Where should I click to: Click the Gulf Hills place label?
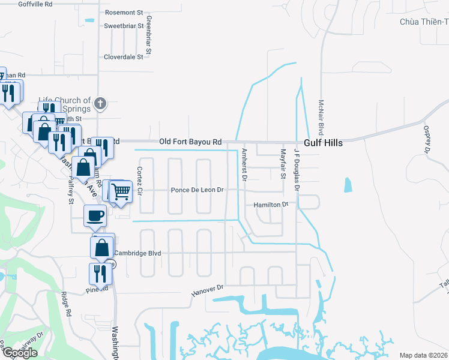click(x=323, y=143)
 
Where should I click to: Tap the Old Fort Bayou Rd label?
click(x=190, y=142)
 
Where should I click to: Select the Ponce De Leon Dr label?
click(x=197, y=190)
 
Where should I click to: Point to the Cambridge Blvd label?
click(x=137, y=253)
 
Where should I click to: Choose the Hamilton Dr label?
click(x=271, y=205)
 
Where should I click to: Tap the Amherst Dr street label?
click(x=244, y=163)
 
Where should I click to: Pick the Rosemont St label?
click(x=124, y=12)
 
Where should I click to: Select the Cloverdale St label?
click(x=124, y=57)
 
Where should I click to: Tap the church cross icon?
click(x=100, y=104)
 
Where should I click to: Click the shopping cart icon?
click(x=121, y=192)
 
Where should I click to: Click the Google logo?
click(x=20, y=353)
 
